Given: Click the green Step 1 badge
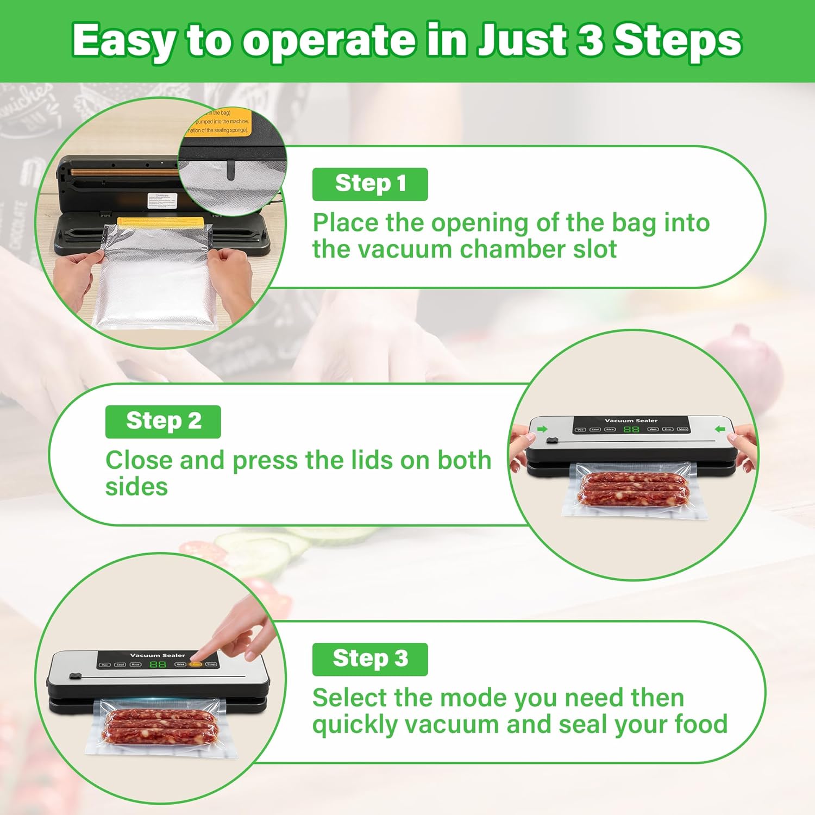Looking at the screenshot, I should tap(370, 184).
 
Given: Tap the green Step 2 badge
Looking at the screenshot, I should tap(163, 422).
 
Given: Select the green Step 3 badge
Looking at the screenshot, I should tap(370, 659).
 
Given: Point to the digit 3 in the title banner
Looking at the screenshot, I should tap(590, 40).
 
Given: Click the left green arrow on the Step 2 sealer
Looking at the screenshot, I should tap(542, 429).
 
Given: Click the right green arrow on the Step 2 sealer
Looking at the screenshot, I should tap(720, 429).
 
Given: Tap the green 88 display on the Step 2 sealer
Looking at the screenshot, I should tap(631, 429).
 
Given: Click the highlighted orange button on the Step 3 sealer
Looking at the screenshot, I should tap(196, 664).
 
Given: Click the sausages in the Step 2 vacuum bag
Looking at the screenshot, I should tap(633, 488).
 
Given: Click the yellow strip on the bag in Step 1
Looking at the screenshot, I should tap(161, 223).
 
